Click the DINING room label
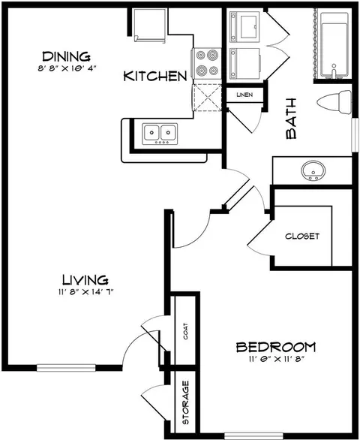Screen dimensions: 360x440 tap(66, 56)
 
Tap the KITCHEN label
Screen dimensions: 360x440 tap(155, 76)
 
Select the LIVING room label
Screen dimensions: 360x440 tap(85, 280)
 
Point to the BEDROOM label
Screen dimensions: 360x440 tap(276, 347)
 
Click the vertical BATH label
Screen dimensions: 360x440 tap(291, 119)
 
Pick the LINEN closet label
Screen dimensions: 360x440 tap(244, 95)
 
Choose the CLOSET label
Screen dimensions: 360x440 tap(302, 237)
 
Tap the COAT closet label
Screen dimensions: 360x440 tap(185, 331)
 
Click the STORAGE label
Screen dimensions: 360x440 tap(185, 402)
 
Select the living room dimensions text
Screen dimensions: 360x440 tap(85, 292)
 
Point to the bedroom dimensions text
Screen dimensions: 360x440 tap(277, 359)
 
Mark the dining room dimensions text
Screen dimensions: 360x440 tap(67, 68)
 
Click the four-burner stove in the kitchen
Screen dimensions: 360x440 tap(206, 63)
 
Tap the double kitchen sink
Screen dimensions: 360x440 tap(160, 134)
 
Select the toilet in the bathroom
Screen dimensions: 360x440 tap(334, 102)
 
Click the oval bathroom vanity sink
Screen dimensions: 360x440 tap(313, 170)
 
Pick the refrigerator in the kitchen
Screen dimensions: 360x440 tap(149, 26)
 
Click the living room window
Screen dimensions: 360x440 tap(66, 368)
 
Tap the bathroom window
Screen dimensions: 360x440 tap(355, 135)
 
